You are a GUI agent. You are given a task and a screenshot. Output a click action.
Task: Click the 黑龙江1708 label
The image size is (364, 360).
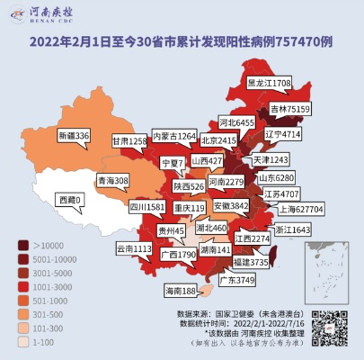270,82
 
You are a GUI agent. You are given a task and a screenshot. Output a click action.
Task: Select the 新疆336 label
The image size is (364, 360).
74,135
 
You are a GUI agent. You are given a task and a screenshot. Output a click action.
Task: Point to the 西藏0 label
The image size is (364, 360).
68,199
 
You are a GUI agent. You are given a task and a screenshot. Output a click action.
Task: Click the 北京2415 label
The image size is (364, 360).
218,140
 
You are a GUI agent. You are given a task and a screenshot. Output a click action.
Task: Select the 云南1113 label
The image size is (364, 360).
135,247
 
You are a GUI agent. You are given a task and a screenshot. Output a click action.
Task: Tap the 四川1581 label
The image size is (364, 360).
146,206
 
